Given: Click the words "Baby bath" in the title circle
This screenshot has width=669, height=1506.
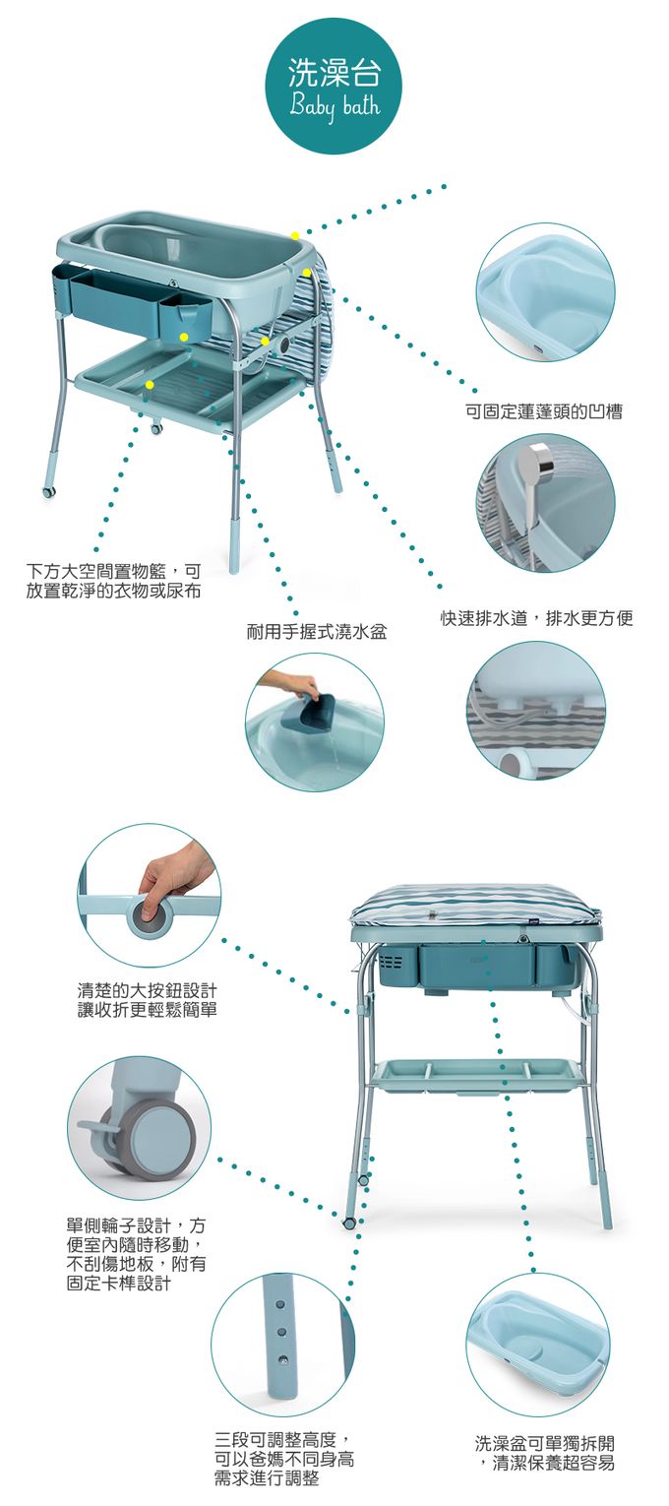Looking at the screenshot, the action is pyautogui.click(x=334, y=107).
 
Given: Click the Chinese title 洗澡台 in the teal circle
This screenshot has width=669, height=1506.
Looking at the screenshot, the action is pyautogui.click(x=334, y=73).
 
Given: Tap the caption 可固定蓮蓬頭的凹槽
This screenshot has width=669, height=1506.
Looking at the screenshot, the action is pyautogui.click(x=544, y=411).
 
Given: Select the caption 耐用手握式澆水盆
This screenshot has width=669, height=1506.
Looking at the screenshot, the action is pyautogui.click(x=317, y=631).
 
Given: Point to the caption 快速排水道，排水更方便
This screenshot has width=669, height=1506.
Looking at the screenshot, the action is pyautogui.click(x=537, y=618).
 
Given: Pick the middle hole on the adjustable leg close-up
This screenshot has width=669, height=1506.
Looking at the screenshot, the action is pyautogui.click(x=282, y=1331).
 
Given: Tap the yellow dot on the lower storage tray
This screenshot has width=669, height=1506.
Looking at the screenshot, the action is pyautogui.click(x=150, y=385).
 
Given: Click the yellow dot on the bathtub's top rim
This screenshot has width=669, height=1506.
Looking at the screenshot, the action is pyautogui.click(x=295, y=235).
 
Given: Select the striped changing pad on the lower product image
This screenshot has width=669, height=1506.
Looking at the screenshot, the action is pyautogui.click(x=475, y=906).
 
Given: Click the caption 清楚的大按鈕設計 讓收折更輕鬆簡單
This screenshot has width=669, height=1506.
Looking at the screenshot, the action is pyautogui.click(x=148, y=1000).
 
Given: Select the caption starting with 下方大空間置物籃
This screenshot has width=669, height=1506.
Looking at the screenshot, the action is pyautogui.click(x=113, y=581).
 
